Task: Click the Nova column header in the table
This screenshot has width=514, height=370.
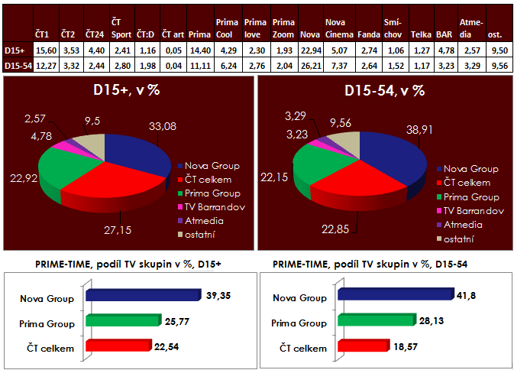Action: point(309,35)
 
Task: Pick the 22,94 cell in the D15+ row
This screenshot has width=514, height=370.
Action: point(309,49)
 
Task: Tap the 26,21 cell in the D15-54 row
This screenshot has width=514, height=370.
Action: point(309,65)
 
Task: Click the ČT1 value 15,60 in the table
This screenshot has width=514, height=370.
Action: point(44,49)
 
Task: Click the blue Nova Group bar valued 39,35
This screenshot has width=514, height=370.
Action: point(142,295)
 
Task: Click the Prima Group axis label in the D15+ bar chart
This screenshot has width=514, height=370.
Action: point(46,323)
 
